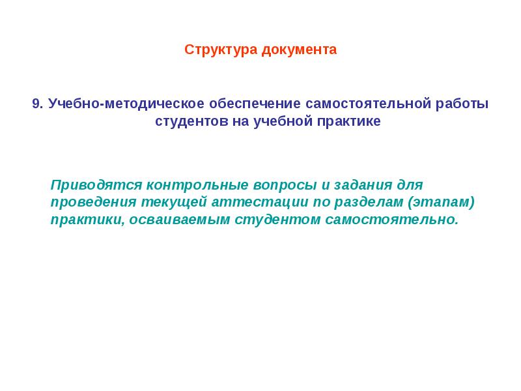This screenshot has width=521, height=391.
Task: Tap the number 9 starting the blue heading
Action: (36, 104)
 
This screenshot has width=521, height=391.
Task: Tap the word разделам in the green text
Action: (368, 203)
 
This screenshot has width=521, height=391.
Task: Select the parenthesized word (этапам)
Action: (442, 203)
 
